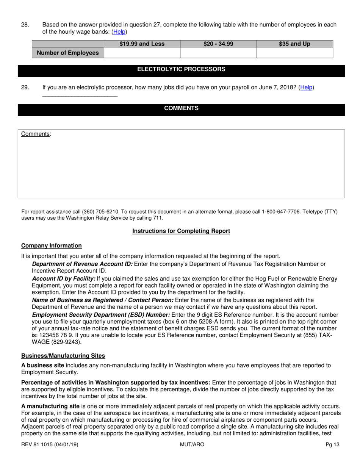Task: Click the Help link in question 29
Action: [306, 87]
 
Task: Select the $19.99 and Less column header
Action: [142, 44]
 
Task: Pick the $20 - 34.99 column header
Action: [218, 44]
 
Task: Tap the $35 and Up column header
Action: [294, 44]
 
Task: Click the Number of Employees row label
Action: [68, 53]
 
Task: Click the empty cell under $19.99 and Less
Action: [142, 53]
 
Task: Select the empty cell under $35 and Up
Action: [294, 53]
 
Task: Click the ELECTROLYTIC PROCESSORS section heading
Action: [181, 69]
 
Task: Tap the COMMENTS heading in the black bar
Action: [181, 108]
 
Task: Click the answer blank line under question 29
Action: [80, 95]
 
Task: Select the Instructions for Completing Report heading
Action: [181, 231]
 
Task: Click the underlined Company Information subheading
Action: [51, 246]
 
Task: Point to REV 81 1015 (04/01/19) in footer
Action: [50, 444]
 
